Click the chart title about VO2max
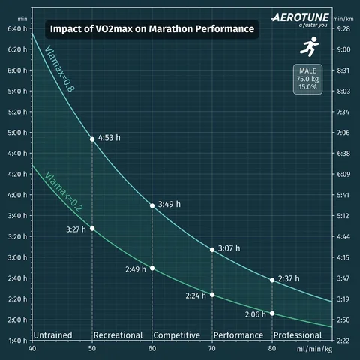click(x=151, y=29)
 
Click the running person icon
click(x=307, y=48)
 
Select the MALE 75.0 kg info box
click(x=307, y=79)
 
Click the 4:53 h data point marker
click(x=92, y=139)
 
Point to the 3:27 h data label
click(x=76, y=228)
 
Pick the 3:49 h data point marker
click(x=152, y=205)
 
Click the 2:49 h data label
click(x=136, y=268)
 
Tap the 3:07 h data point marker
click(x=212, y=249)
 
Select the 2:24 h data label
click(x=196, y=295)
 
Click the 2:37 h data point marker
click(x=272, y=280)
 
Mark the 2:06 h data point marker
click(x=272, y=313)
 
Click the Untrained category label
click(x=55, y=334)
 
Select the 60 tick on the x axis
click(x=152, y=349)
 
